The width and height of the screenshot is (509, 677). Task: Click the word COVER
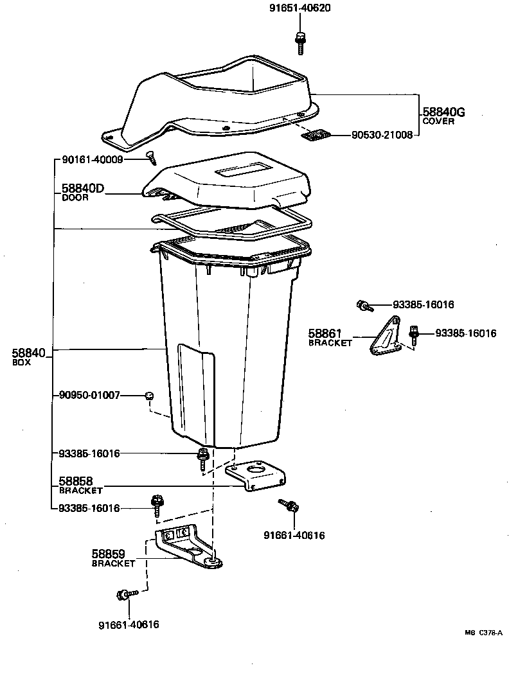click(438, 121)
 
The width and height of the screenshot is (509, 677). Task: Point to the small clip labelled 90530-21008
click(315, 136)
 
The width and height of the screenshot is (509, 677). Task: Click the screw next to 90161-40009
click(152, 154)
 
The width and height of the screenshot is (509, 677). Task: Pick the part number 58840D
click(83, 189)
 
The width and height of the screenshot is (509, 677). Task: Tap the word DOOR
click(75, 198)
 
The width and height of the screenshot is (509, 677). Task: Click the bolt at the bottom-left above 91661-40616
click(122, 595)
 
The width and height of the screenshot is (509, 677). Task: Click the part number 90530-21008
click(382, 136)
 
